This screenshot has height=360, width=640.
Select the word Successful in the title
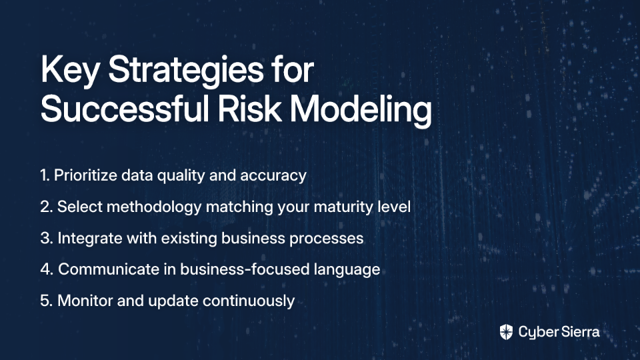pyautogui.click(x=125, y=109)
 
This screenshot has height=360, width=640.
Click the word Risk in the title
pyautogui.click(x=249, y=109)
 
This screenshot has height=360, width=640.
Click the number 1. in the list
pyautogui.click(x=45, y=175)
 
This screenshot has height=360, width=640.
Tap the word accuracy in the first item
pyautogui.click(x=273, y=176)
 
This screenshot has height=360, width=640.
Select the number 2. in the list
pyautogui.click(x=47, y=207)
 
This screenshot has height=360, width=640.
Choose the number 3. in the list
pyautogui.click(x=47, y=239)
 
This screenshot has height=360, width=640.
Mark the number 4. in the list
pyautogui.click(x=47, y=269)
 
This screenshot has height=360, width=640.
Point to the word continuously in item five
pyautogui.click(x=249, y=301)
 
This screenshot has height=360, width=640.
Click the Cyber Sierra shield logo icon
pyautogui.click(x=506, y=332)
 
